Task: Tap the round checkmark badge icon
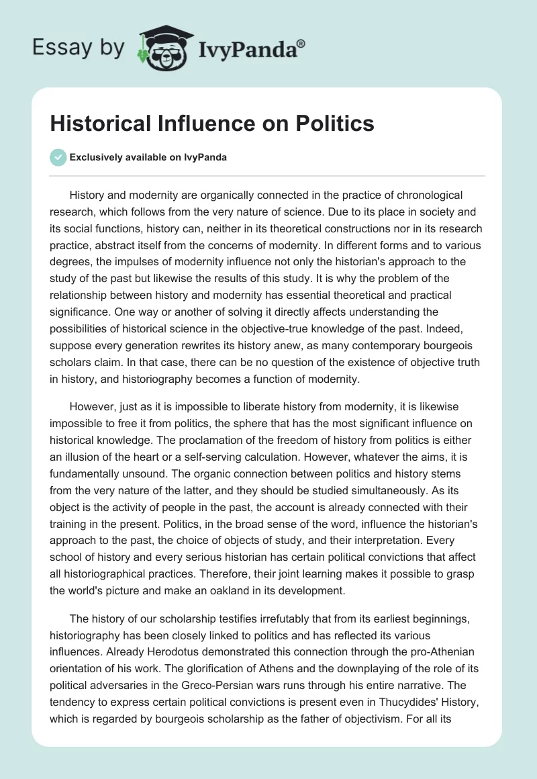[x=58, y=158]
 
